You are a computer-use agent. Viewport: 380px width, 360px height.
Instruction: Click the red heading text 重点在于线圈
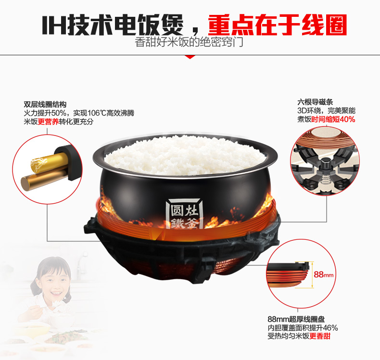click(278, 25)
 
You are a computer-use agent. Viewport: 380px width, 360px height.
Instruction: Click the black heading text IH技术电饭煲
click(113, 25)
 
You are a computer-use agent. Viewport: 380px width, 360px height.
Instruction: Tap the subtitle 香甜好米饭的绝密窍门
click(189, 42)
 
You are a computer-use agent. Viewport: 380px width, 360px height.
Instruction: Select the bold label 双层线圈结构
click(45, 105)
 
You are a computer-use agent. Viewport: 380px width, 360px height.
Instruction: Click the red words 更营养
click(48, 122)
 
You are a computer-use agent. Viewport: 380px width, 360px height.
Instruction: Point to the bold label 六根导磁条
click(315, 102)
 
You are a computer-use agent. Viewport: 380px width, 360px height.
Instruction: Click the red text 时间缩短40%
click(333, 119)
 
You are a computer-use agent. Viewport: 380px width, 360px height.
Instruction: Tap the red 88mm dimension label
click(324, 274)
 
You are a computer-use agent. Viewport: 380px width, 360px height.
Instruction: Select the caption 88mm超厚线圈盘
click(296, 319)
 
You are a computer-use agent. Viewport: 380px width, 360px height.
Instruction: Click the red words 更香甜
click(320, 336)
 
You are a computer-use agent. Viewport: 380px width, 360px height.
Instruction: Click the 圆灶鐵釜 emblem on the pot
click(185, 214)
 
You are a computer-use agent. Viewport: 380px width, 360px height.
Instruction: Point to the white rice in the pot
click(185, 155)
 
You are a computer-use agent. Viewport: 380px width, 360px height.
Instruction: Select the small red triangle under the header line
click(190, 57)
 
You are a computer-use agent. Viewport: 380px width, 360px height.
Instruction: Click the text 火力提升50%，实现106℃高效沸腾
click(79, 113)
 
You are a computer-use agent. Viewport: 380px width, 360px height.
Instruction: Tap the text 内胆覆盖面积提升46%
click(303, 328)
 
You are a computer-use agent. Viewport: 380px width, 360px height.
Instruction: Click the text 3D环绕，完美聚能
click(327, 111)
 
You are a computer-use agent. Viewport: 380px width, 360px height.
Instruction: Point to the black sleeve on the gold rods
click(67, 161)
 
